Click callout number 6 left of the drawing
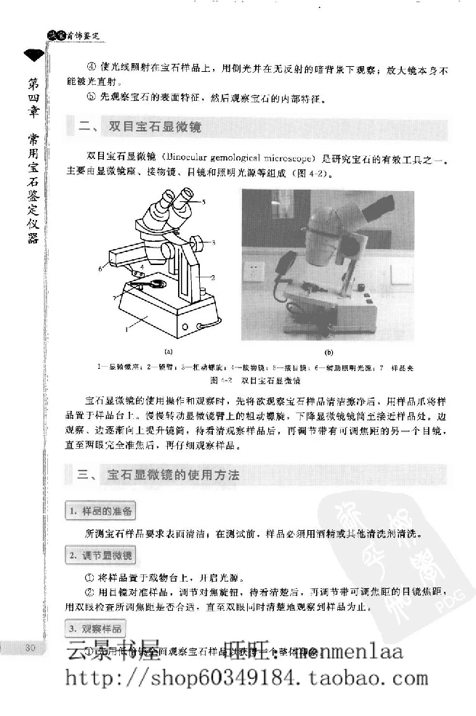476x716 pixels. (100, 268)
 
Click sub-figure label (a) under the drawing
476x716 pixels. (168, 351)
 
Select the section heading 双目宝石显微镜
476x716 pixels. (154, 127)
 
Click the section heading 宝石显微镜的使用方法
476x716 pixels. (193, 475)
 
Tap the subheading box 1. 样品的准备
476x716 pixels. (102, 511)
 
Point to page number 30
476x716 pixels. (30, 648)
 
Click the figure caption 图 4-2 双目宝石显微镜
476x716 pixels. (255, 380)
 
